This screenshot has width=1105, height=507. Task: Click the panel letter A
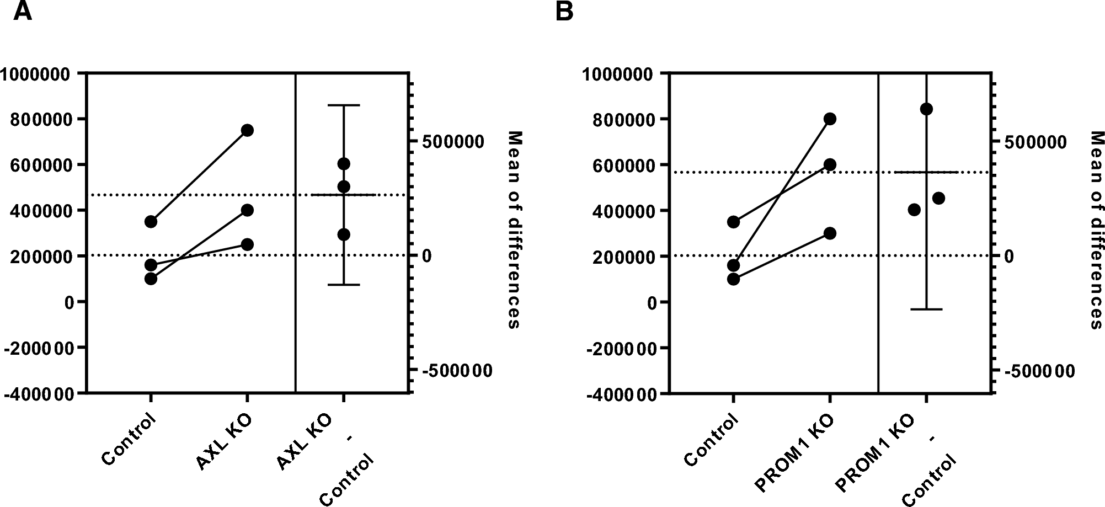23,10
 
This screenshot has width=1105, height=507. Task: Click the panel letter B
564,10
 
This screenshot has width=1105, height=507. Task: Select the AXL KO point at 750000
247,130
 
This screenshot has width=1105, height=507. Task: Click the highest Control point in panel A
151,222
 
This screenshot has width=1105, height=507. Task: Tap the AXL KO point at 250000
247,244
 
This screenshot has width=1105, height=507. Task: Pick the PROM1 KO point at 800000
830,119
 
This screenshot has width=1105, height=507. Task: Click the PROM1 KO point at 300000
830,233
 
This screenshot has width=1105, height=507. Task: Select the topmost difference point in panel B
926,109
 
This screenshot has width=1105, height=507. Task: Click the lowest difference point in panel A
344,235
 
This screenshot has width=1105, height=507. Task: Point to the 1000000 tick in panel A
37,73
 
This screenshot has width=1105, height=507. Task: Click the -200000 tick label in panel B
622,348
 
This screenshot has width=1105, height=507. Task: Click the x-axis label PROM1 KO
794,453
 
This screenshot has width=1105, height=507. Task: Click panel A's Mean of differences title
514,230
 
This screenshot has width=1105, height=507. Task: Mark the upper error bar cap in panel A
344,105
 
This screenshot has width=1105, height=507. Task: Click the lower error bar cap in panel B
926,309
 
